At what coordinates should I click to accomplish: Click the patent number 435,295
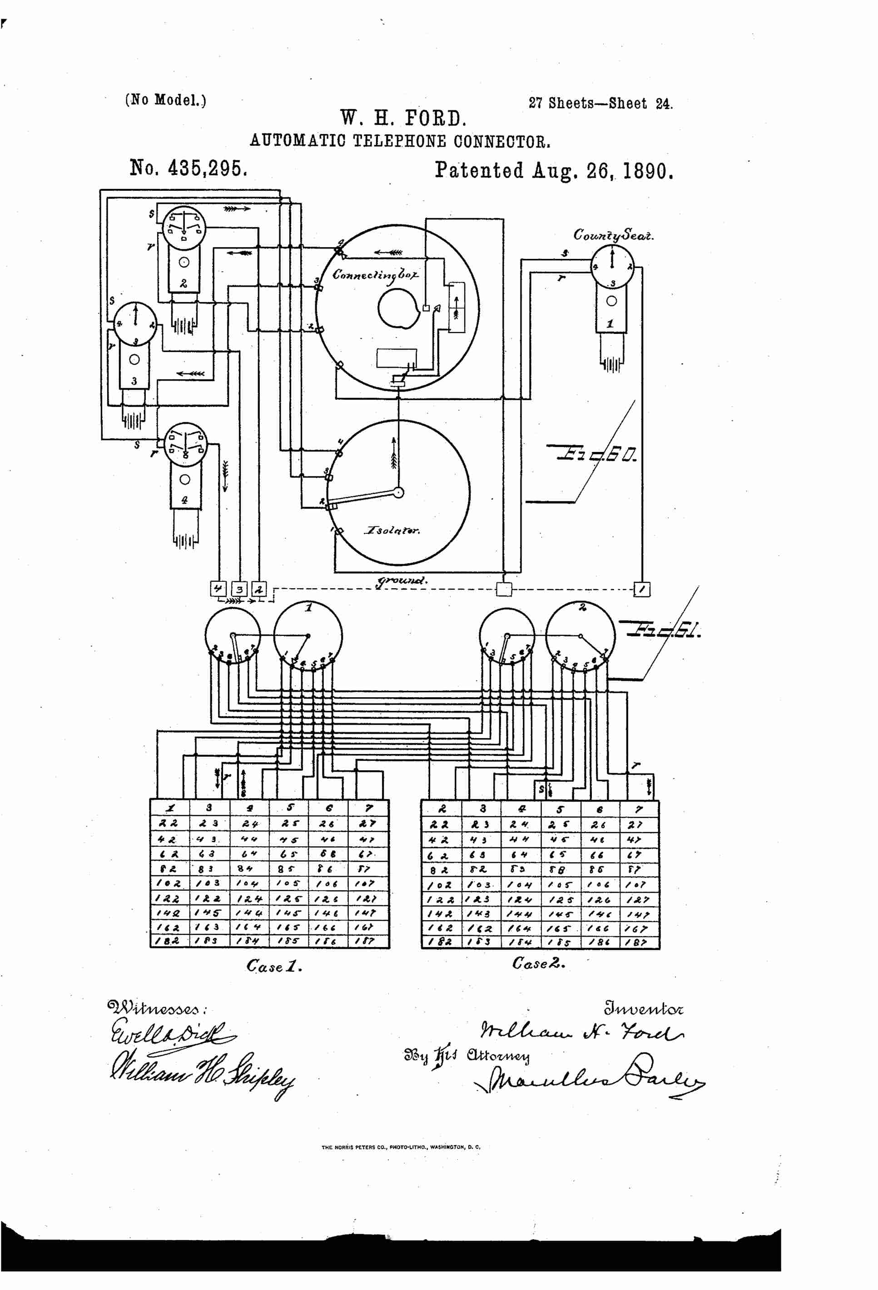pos(188,168)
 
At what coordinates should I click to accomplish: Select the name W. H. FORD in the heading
pos(403,118)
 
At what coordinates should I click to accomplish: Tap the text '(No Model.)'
pos(165,100)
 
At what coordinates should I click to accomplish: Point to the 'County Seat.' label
pos(613,235)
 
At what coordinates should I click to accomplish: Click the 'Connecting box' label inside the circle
pos(375,275)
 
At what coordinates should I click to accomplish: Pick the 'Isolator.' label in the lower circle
pos(392,530)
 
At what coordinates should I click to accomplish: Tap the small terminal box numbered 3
pos(239,589)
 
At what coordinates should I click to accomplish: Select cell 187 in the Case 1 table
pos(367,941)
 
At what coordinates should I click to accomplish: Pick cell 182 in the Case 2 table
pos(441,942)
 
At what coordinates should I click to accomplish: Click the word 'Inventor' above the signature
pos(644,1007)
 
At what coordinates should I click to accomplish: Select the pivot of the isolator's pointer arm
pos(398,492)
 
